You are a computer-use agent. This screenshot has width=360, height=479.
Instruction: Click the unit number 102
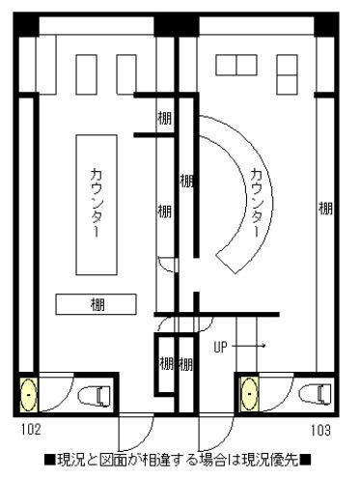(x=31, y=430)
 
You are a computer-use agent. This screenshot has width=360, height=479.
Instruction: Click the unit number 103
(x=320, y=430)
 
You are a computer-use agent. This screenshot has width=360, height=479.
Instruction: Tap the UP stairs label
(x=220, y=347)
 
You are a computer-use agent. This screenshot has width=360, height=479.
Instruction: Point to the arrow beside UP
(x=248, y=346)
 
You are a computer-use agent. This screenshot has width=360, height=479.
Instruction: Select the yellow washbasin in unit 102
(x=29, y=395)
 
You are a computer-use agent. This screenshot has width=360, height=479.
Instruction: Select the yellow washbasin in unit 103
(x=250, y=394)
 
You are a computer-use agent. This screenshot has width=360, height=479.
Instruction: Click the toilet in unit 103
(x=316, y=394)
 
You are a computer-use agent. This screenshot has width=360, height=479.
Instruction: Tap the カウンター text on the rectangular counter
(x=97, y=203)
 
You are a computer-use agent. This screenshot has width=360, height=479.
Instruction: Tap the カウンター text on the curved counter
(x=256, y=203)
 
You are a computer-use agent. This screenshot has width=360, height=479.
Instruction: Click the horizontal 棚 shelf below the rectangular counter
(x=96, y=304)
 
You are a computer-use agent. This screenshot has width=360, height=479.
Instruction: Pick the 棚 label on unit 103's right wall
(x=325, y=208)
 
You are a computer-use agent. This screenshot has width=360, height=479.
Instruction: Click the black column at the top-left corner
(x=26, y=24)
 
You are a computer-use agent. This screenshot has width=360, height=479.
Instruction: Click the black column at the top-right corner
(x=326, y=24)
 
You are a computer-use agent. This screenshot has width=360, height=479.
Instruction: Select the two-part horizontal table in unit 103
(x=236, y=65)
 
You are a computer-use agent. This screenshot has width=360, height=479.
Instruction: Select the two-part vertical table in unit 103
(x=287, y=74)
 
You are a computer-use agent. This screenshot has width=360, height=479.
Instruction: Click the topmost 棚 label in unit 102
(x=164, y=118)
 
